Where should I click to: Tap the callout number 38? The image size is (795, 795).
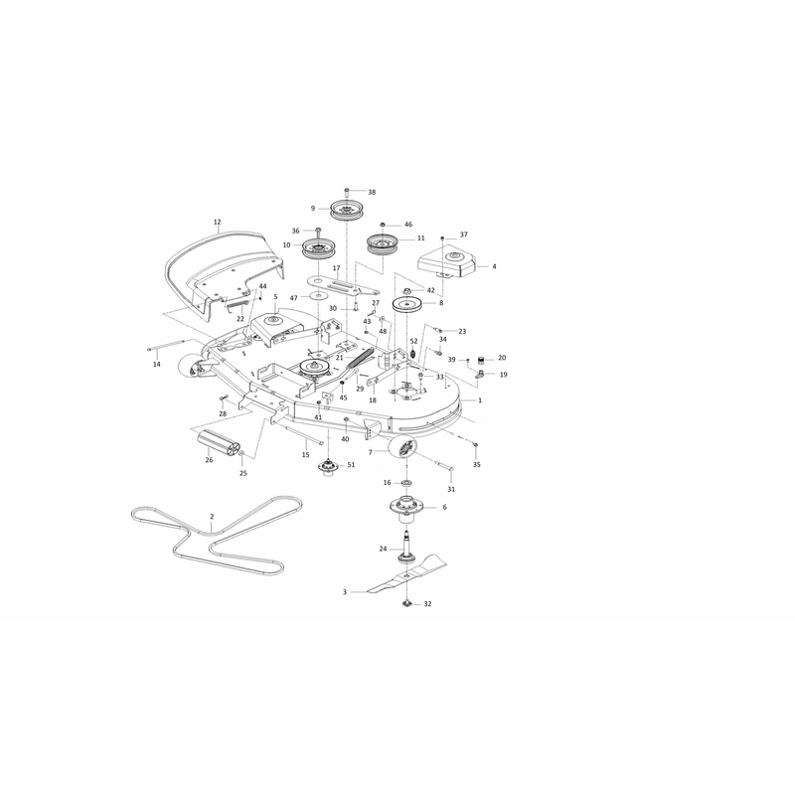point(372,192)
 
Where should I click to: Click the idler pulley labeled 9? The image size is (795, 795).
point(347,210)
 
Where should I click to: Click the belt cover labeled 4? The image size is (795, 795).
point(446,262)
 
